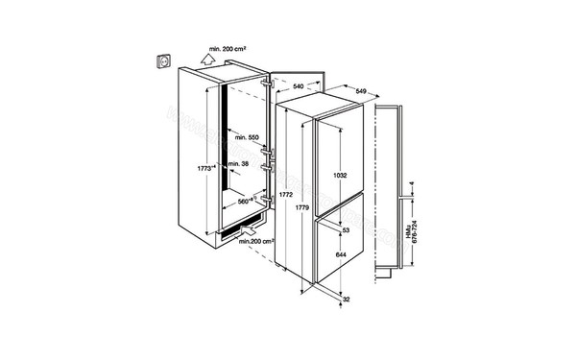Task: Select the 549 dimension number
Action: pos(361,91)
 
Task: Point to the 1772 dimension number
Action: pos(285,196)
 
